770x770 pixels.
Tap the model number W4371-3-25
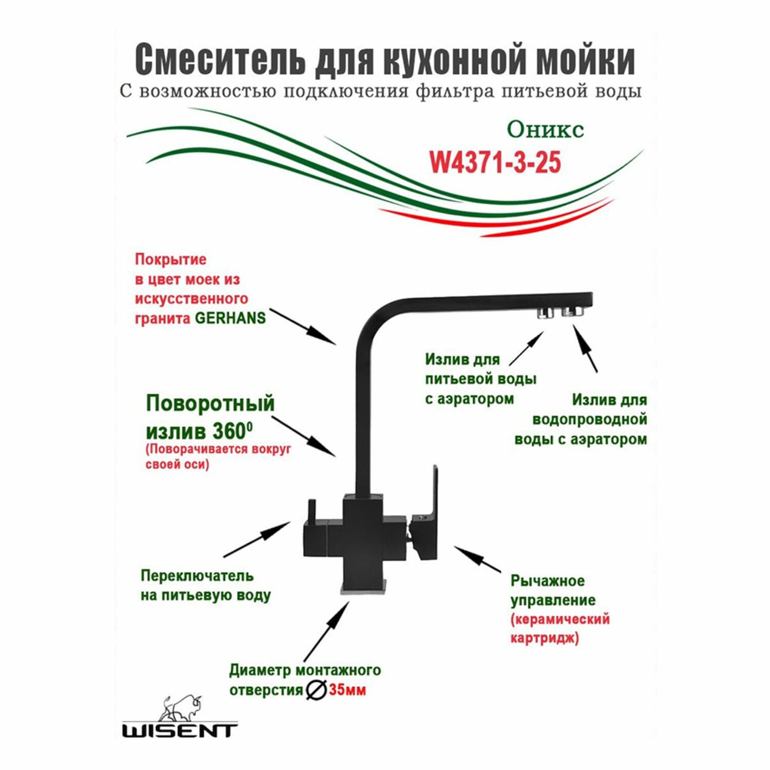[495, 163]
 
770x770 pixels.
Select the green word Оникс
[545, 130]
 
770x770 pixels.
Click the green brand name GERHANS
[230, 318]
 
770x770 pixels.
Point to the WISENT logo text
[180, 730]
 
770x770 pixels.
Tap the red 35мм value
[348, 690]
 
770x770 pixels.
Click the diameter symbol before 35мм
[316, 689]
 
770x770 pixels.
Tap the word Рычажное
[547, 581]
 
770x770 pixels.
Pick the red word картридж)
[544, 638]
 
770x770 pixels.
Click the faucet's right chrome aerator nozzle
[572, 312]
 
